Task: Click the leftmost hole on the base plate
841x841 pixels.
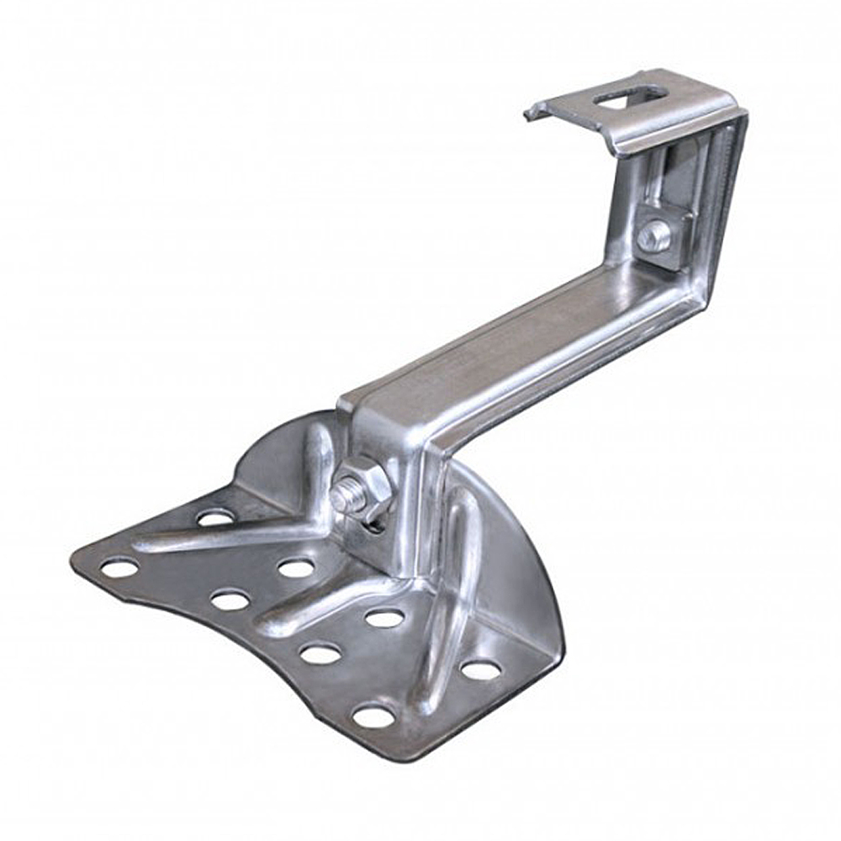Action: click(119, 569)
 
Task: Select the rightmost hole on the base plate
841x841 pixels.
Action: click(480, 669)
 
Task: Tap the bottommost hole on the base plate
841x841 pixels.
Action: click(374, 716)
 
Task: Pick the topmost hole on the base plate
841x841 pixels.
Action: click(215, 517)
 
